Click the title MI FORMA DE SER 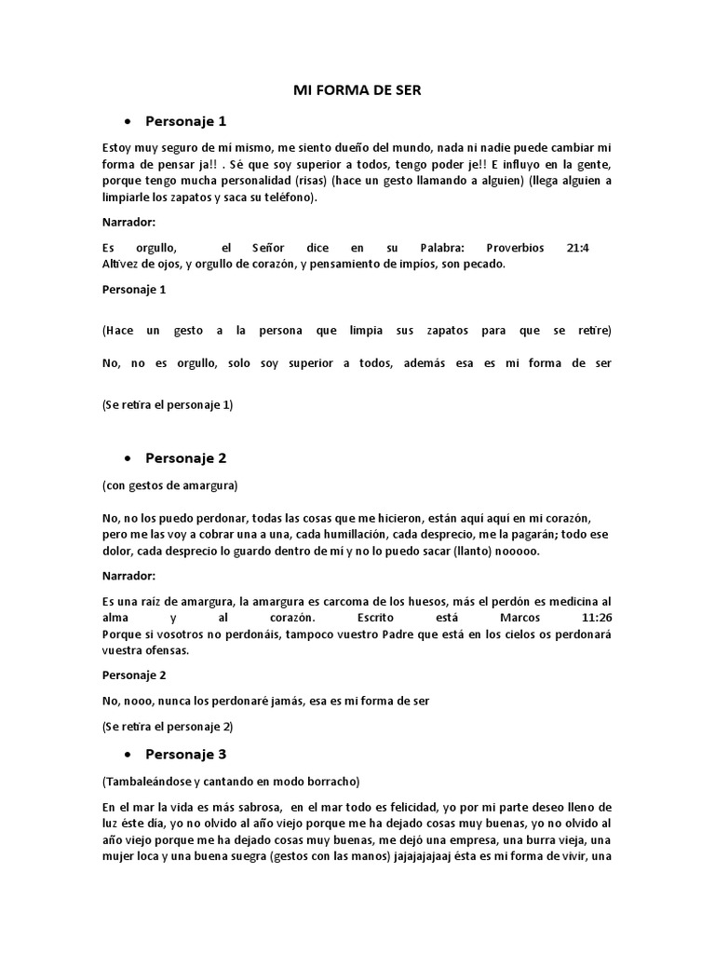click(x=357, y=90)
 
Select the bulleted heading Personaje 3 click(x=186, y=754)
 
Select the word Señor click(x=270, y=249)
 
